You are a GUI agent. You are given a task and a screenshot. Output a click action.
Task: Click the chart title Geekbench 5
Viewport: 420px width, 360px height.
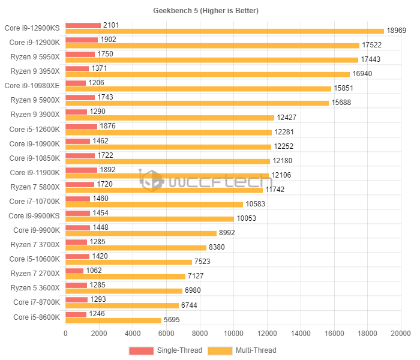click(x=209, y=11)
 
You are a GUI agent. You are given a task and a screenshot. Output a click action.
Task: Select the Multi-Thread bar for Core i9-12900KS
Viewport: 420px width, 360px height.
click(x=224, y=31)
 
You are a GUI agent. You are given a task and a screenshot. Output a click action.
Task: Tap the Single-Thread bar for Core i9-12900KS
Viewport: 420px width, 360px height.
click(x=83, y=25)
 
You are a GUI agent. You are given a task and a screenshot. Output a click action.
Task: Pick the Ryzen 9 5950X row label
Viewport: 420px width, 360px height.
click(x=35, y=56)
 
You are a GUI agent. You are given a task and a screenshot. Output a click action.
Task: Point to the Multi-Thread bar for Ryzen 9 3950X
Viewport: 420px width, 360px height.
click(x=207, y=74)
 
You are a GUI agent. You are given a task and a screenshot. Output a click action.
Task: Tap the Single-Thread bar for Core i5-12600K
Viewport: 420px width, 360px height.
click(x=81, y=126)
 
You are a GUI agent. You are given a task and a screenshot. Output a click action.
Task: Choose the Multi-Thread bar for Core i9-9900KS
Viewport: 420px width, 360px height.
click(x=149, y=218)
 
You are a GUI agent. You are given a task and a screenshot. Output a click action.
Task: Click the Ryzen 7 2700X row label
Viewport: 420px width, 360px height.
click(x=35, y=273)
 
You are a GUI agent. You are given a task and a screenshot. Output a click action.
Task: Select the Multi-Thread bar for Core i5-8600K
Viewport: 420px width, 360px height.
click(x=113, y=320)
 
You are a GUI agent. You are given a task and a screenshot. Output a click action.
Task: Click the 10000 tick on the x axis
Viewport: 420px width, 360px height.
click(x=233, y=334)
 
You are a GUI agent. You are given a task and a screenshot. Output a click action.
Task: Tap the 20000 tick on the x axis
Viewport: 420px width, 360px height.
click(x=401, y=334)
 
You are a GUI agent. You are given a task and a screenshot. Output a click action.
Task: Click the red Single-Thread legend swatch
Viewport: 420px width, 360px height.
click(x=141, y=350)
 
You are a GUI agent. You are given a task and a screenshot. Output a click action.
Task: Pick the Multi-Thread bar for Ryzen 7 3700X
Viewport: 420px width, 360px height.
click(x=136, y=247)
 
